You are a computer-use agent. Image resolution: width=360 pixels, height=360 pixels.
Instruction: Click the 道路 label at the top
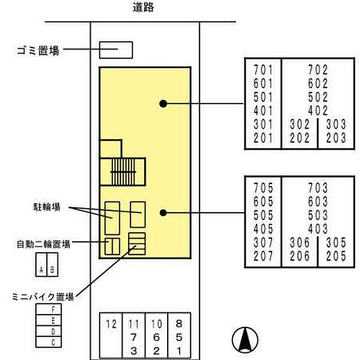[x=143, y=8]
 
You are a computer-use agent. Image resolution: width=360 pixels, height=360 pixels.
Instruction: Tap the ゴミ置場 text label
[x=38, y=50]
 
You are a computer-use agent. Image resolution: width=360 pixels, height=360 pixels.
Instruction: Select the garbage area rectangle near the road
[x=116, y=50]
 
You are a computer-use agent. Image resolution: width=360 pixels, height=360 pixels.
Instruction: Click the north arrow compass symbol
[x=244, y=340]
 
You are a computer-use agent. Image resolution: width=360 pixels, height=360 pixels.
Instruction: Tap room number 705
[x=263, y=189]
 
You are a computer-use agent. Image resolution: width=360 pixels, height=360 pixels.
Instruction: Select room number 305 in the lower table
[x=336, y=242]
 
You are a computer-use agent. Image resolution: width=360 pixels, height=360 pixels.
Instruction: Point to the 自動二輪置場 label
[x=43, y=243]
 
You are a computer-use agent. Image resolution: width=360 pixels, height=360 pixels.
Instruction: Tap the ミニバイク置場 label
[x=43, y=297]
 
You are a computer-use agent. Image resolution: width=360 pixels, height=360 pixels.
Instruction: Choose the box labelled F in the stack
[x=49, y=310]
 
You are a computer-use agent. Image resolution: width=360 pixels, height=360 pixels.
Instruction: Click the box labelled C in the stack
[x=49, y=342]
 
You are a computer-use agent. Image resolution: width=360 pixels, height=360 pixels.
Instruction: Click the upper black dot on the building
[x=163, y=103]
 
